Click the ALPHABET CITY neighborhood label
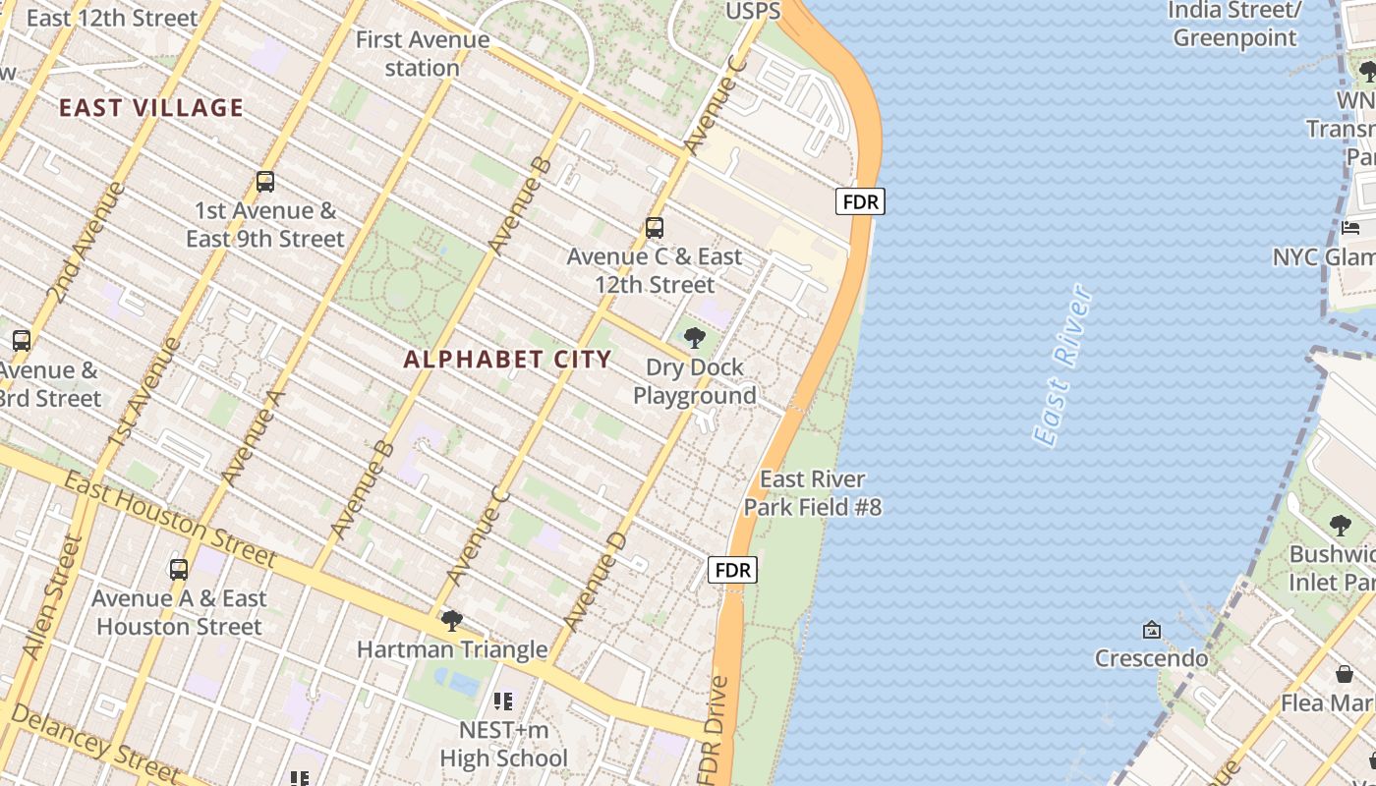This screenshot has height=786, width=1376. (507, 360)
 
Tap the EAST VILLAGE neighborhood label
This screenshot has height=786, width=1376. (150, 108)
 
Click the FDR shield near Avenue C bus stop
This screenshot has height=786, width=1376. (860, 201)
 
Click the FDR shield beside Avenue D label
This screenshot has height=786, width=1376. (733, 570)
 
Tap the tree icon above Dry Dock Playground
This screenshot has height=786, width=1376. (695, 339)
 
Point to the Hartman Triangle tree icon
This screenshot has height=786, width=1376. (452, 621)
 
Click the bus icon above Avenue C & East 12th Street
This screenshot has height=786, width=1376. (655, 228)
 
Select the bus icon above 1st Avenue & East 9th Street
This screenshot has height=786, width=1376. (265, 182)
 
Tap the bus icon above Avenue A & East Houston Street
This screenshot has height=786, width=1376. (179, 570)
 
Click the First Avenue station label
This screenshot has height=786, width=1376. (423, 54)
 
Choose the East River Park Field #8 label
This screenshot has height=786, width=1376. (812, 493)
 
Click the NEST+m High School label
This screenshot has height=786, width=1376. (503, 745)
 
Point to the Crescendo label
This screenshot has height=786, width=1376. (1151, 657)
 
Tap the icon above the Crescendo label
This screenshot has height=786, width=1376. (1151, 629)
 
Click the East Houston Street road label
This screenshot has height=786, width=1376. (170, 518)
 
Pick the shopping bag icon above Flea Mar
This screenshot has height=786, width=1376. (1344, 674)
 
